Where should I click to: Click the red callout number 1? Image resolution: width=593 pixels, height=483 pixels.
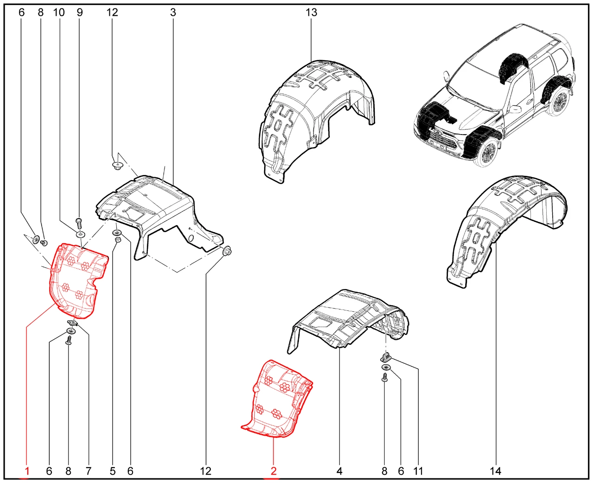point(27,471)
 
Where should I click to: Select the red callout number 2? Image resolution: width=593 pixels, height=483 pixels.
point(273,471)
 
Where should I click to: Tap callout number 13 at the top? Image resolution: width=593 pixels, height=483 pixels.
point(311,12)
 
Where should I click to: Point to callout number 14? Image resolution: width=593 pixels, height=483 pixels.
point(495,471)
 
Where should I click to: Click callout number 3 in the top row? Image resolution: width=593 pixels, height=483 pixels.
point(173,12)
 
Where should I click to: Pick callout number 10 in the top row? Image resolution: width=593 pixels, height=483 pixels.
point(59,12)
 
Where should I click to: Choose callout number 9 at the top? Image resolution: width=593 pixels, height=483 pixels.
point(80,12)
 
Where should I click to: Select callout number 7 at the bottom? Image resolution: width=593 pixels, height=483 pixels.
point(88,471)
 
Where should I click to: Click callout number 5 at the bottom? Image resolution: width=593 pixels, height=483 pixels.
point(113,471)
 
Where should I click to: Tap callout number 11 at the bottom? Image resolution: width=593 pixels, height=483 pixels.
point(418,471)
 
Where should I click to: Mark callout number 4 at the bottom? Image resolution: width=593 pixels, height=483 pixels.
point(339,471)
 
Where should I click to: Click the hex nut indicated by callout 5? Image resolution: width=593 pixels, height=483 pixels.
point(118,240)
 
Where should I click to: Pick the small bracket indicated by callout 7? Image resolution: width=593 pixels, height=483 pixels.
point(72,322)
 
